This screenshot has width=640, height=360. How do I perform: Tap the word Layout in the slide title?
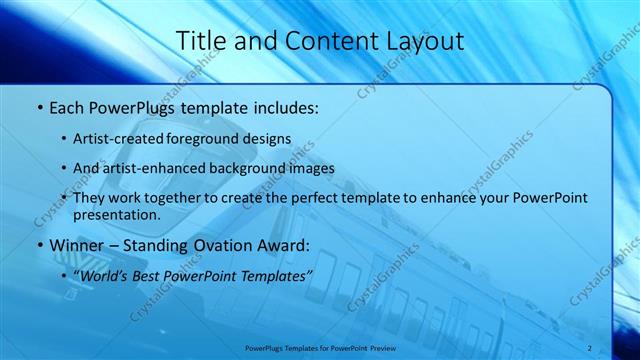pyautogui.click(x=426, y=42)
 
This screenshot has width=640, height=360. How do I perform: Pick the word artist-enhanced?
pyautogui.click(x=172, y=168)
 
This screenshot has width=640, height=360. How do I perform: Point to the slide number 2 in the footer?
pyautogui.click(x=590, y=348)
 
